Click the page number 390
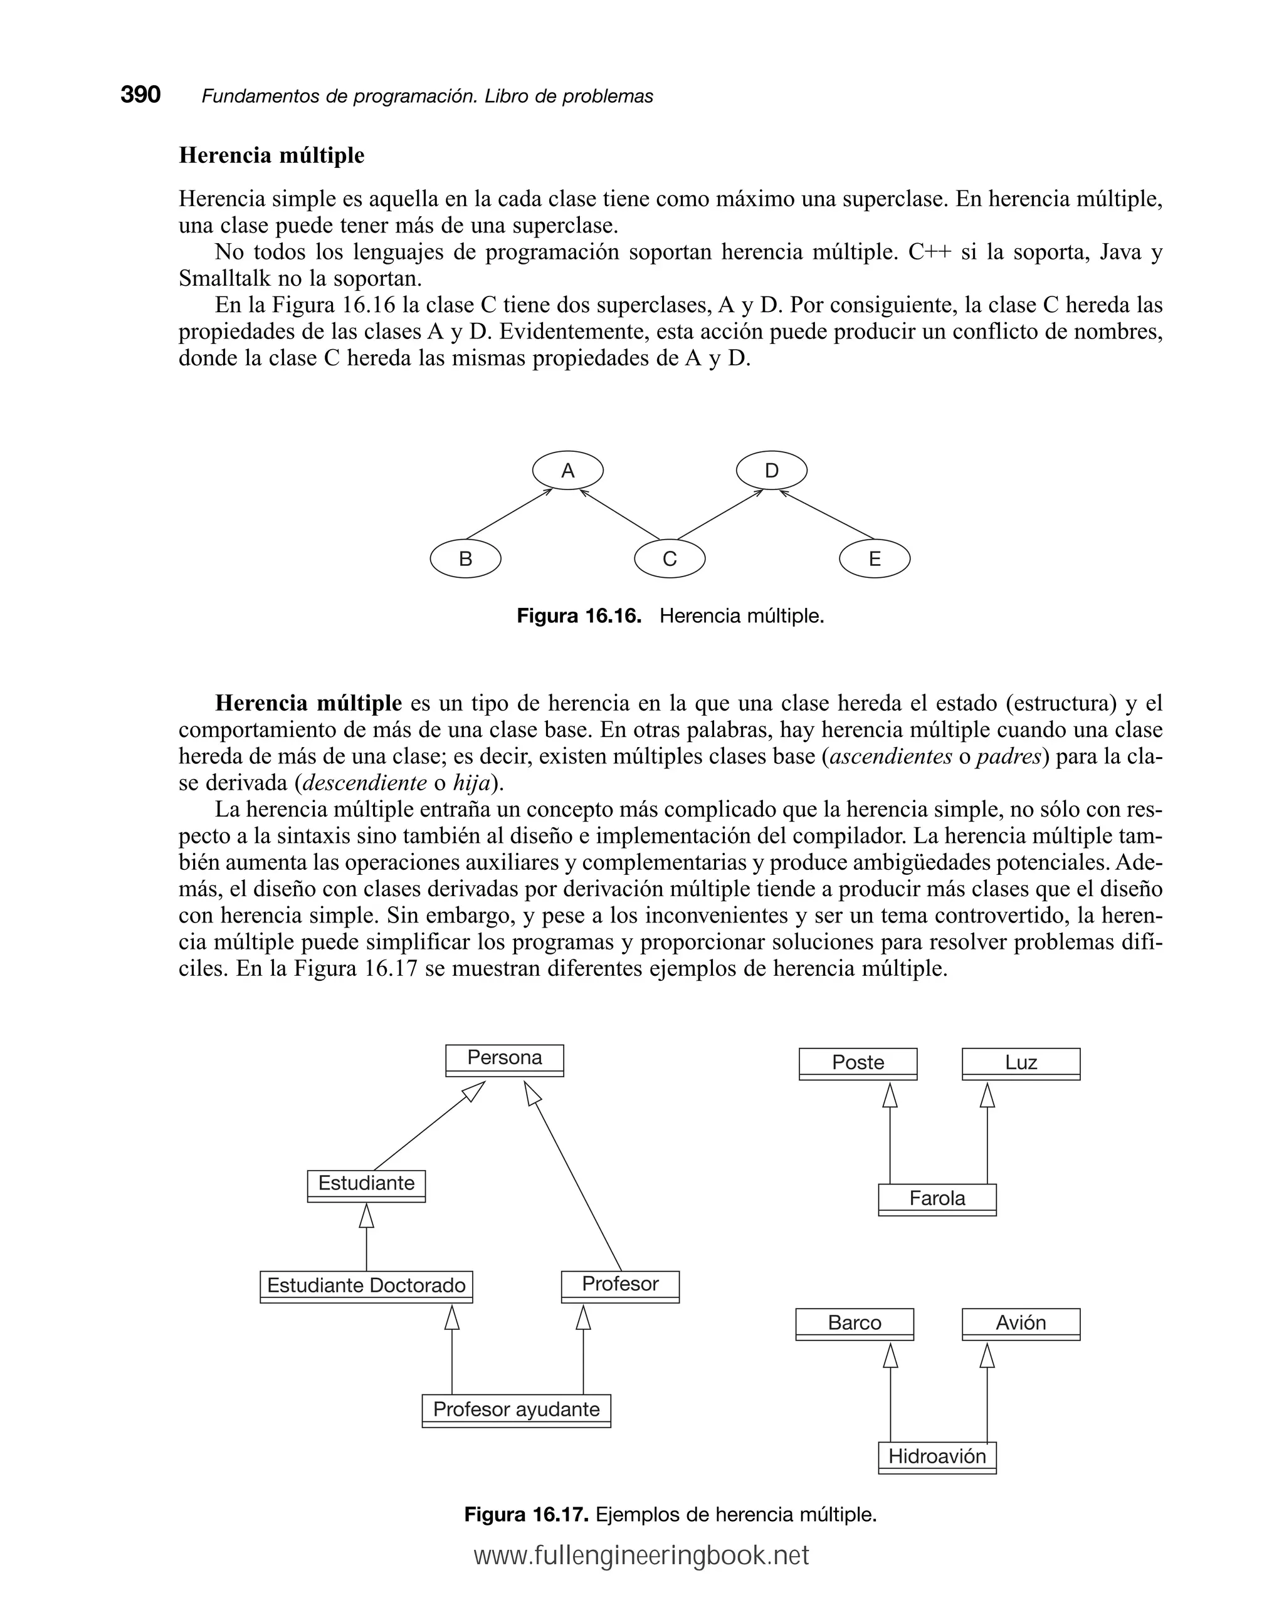click(x=141, y=95)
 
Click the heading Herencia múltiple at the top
click(x=272, y=155)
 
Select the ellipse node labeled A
click(x=567, y=471)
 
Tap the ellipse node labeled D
click(x=772, y=471)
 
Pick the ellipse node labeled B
click(x=465, y=558)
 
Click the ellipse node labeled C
click(x=670, y=558)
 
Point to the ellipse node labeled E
click(x=875, y=558)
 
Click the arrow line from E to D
click(x=827, y=515)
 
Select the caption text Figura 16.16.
click(x=579, y=617)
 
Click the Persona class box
click(x=504, y=1059)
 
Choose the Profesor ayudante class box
click(x=516, y=1410)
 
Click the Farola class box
click(x=937, y=1198)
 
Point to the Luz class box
click(x=1020, y=1063)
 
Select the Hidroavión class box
click(x=937, y=1457)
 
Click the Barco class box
click(x=855, y=1323)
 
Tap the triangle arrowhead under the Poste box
click(x=890, y=1095)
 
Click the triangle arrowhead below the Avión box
click(x=987, y=1356)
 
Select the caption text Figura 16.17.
click(x=527, y=1515)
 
